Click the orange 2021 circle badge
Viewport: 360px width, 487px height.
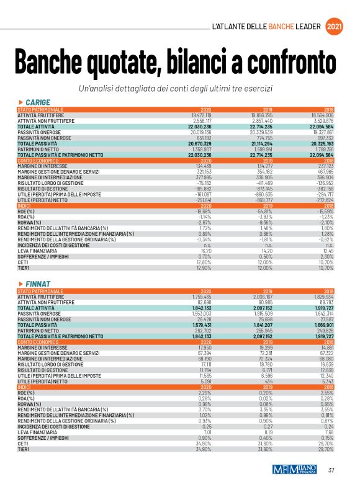[x=334, y=26]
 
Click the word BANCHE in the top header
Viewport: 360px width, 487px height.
[x=284, y=27]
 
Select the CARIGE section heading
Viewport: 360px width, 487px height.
[x=37, y=102]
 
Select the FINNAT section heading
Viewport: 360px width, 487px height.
[x=37, y=284]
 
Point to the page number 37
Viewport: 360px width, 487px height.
[x=331, y=470]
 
